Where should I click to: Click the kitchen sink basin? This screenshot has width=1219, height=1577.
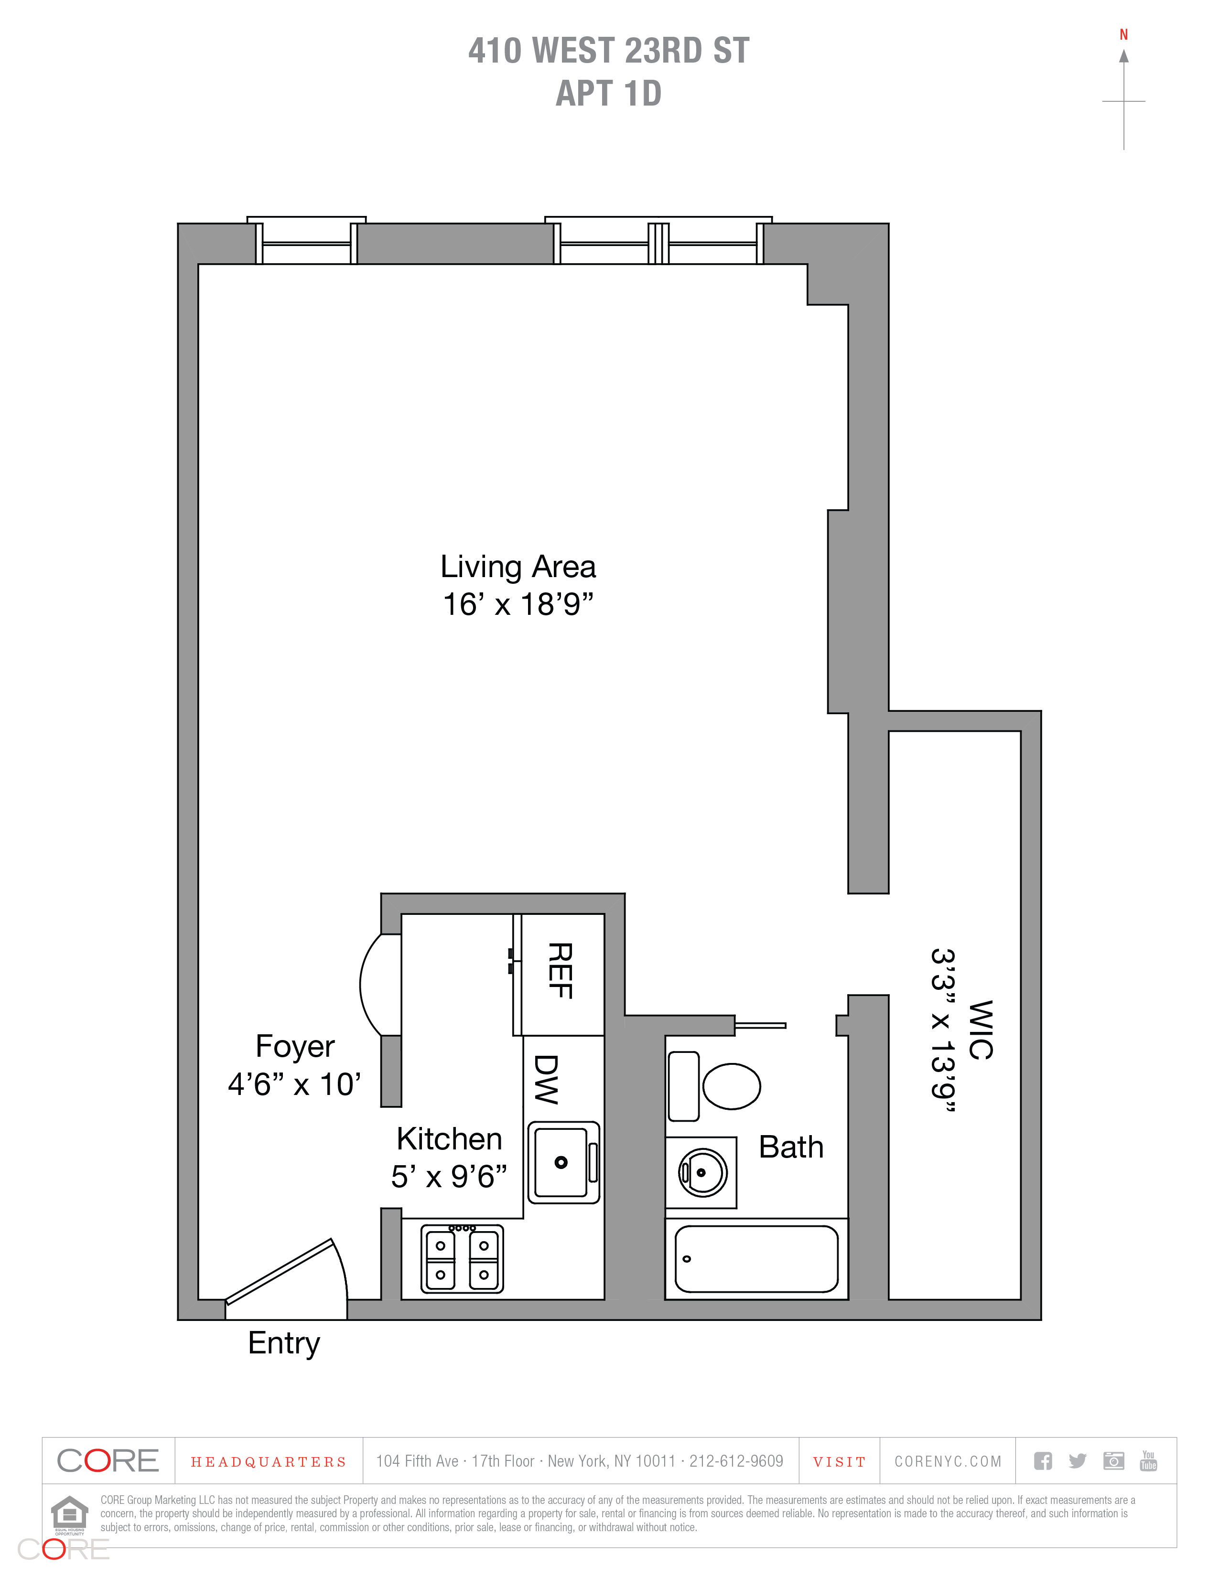pyautogui.click(x=561, y=1162)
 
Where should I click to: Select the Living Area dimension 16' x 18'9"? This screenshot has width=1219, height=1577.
pyautogui.click(x=518, y=604)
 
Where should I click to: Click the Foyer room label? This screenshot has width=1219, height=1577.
pyautogui.click(x=295, y=1046)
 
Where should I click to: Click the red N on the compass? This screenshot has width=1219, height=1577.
pyautogui.click(x=1124, y=35)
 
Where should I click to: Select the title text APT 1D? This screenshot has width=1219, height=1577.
pyautogui.click(x=609, y=93)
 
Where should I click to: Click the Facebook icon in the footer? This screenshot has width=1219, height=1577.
pyautogui.click(x=1043, y=1461)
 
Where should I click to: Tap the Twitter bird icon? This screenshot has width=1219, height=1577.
pyautogui.click(x=1078, y=1461)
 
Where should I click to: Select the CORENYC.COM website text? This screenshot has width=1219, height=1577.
pyautogui.click(x=948, y=1461)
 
